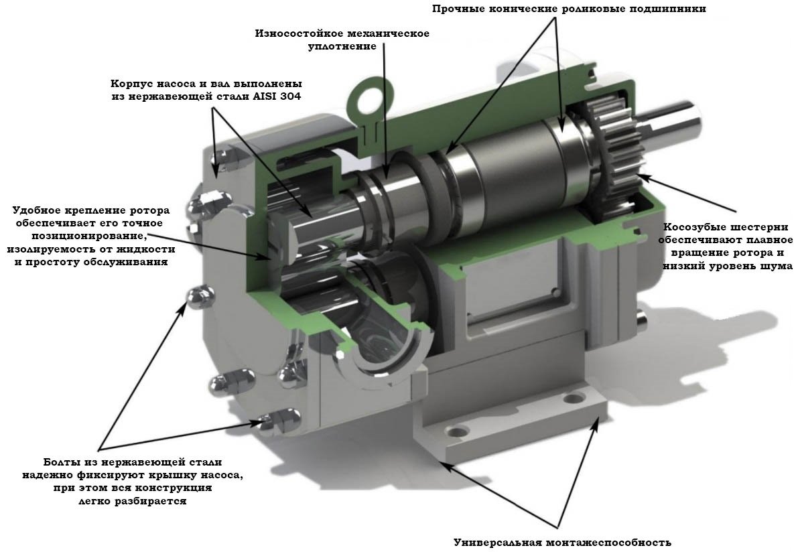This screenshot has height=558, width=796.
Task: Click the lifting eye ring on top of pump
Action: (x=368, y=96)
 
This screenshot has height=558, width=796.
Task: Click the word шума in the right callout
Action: (x=777, y=266)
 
